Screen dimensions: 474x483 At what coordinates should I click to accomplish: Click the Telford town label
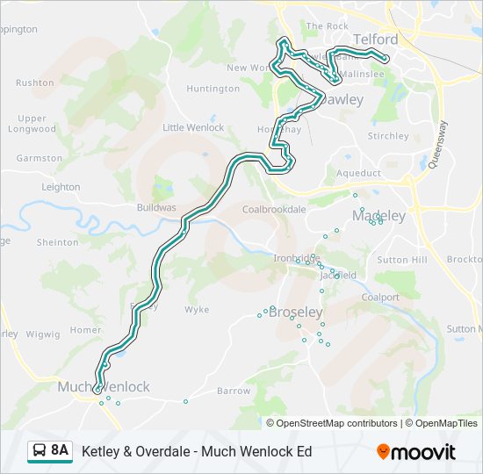375,39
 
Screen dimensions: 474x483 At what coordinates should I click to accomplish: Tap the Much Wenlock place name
104,386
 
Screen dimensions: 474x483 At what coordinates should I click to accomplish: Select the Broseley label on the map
296,312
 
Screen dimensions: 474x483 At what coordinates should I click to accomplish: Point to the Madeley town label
379,216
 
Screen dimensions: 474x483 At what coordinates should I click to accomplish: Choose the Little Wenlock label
193,127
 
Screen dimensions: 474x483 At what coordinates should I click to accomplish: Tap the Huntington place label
213,89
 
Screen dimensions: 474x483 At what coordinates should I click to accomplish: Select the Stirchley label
388,136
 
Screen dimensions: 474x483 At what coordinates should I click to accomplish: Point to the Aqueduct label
358,173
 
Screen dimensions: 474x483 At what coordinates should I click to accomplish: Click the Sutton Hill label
401,261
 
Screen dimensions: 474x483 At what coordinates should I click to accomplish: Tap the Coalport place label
380,298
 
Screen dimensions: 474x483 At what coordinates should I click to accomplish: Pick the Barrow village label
234,391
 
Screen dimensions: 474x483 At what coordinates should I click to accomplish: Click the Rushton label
35,83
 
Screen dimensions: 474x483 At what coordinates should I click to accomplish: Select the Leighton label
61,187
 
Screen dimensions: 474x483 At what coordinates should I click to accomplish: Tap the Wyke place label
197,310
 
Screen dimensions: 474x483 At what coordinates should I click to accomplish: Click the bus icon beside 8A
40,451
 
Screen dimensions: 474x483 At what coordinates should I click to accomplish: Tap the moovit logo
416,452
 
